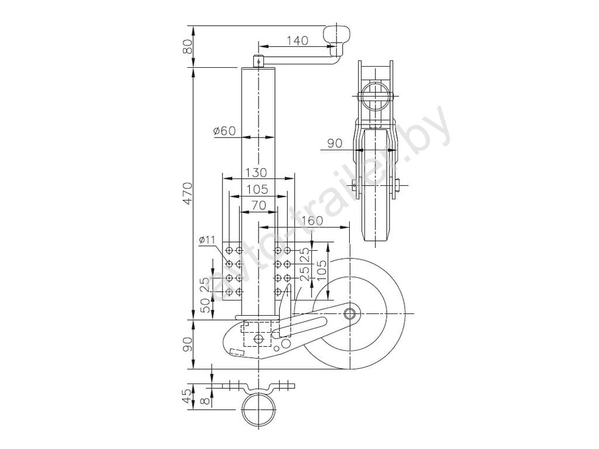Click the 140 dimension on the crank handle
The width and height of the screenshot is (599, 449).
coord(297,40)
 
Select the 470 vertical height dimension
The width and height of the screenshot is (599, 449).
coord(188,193)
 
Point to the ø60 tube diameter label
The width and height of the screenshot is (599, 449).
coord(225,131)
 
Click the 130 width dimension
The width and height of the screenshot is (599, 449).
coord(256,172)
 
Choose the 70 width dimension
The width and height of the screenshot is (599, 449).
coord(257,205)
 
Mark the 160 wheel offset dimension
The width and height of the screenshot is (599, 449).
coord(314,221)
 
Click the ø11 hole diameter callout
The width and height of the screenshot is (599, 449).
coord(208,240)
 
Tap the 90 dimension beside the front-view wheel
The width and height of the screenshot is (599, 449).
coord(335,143)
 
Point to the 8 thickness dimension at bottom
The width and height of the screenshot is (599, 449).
coord(203,401)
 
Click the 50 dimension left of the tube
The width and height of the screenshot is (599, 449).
coord(204,305)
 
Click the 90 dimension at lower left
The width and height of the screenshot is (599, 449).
coord(188,346)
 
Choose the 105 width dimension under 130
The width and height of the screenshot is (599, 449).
coord(257,189)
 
